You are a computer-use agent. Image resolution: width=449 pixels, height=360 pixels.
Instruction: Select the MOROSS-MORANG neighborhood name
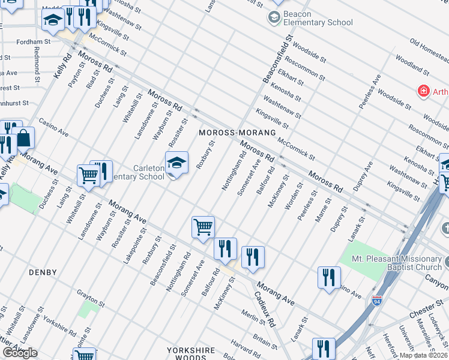pos(237,132)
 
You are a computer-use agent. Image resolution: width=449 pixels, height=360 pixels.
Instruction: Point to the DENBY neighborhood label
pos(43,272)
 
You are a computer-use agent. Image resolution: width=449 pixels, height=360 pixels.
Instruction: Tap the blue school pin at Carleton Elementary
pos(176,163)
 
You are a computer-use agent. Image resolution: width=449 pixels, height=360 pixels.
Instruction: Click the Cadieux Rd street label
pos(264,310)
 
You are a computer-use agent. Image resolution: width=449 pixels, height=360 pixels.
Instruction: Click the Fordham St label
pos(34,42)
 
